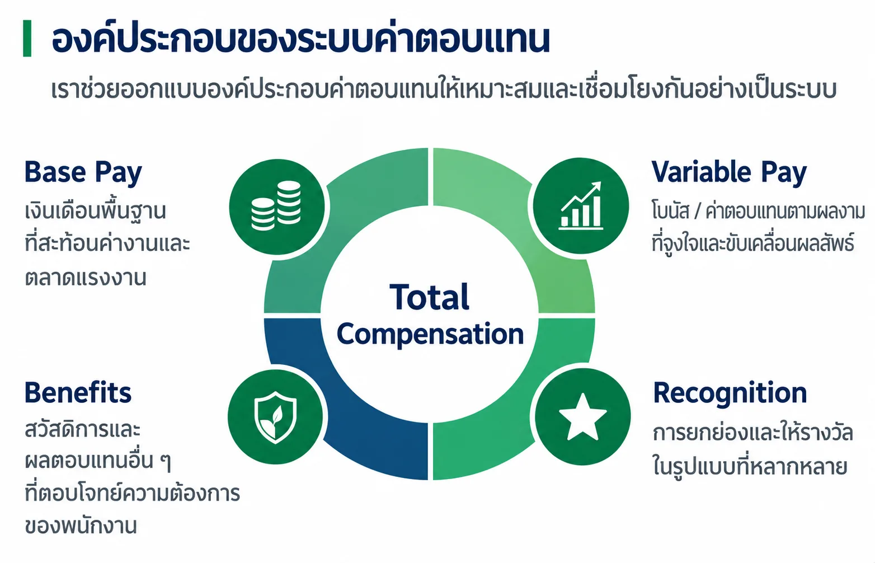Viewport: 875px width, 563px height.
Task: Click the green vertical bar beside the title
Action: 27,38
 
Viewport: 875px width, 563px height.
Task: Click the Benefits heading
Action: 78,393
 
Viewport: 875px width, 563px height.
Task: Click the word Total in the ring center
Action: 429,297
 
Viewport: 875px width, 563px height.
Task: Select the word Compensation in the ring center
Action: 430,335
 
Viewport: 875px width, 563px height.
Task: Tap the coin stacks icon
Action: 276,205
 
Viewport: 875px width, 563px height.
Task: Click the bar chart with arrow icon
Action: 581,205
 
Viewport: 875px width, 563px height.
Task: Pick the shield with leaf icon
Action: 275,417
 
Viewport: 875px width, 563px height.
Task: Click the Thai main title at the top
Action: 301,39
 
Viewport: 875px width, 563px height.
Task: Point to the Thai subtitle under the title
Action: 443,88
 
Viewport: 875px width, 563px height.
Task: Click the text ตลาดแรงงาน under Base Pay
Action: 86,278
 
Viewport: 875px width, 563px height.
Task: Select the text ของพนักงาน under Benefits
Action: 81,526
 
